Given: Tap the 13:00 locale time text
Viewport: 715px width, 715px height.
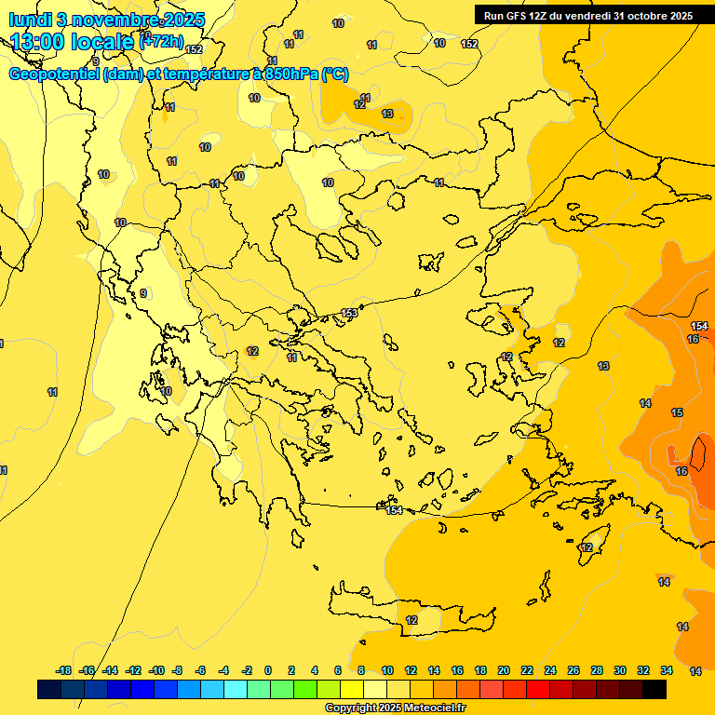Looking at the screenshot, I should coord(72,42).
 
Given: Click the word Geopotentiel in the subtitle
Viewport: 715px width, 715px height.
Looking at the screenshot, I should coord(54,74).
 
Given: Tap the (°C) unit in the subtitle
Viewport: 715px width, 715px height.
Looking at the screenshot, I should coord(335,74).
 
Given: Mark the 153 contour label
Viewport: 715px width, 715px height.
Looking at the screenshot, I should coord(349,313).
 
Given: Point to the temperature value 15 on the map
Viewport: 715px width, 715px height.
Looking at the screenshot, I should coord(677,412).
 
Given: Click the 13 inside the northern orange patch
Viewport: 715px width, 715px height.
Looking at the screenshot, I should coord(387,114).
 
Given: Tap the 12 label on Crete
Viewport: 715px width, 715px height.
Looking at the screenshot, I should coord(411,620).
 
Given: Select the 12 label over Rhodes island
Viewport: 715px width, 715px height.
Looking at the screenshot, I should coord(587,547).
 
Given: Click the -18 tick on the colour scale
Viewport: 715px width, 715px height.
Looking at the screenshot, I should coord(63,670).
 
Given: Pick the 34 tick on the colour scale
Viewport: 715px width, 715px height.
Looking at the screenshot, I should coord(667,670).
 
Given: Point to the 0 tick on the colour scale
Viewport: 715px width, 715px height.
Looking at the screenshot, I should coord(268,670).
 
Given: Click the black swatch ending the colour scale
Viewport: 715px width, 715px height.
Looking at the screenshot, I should coord(654,690).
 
